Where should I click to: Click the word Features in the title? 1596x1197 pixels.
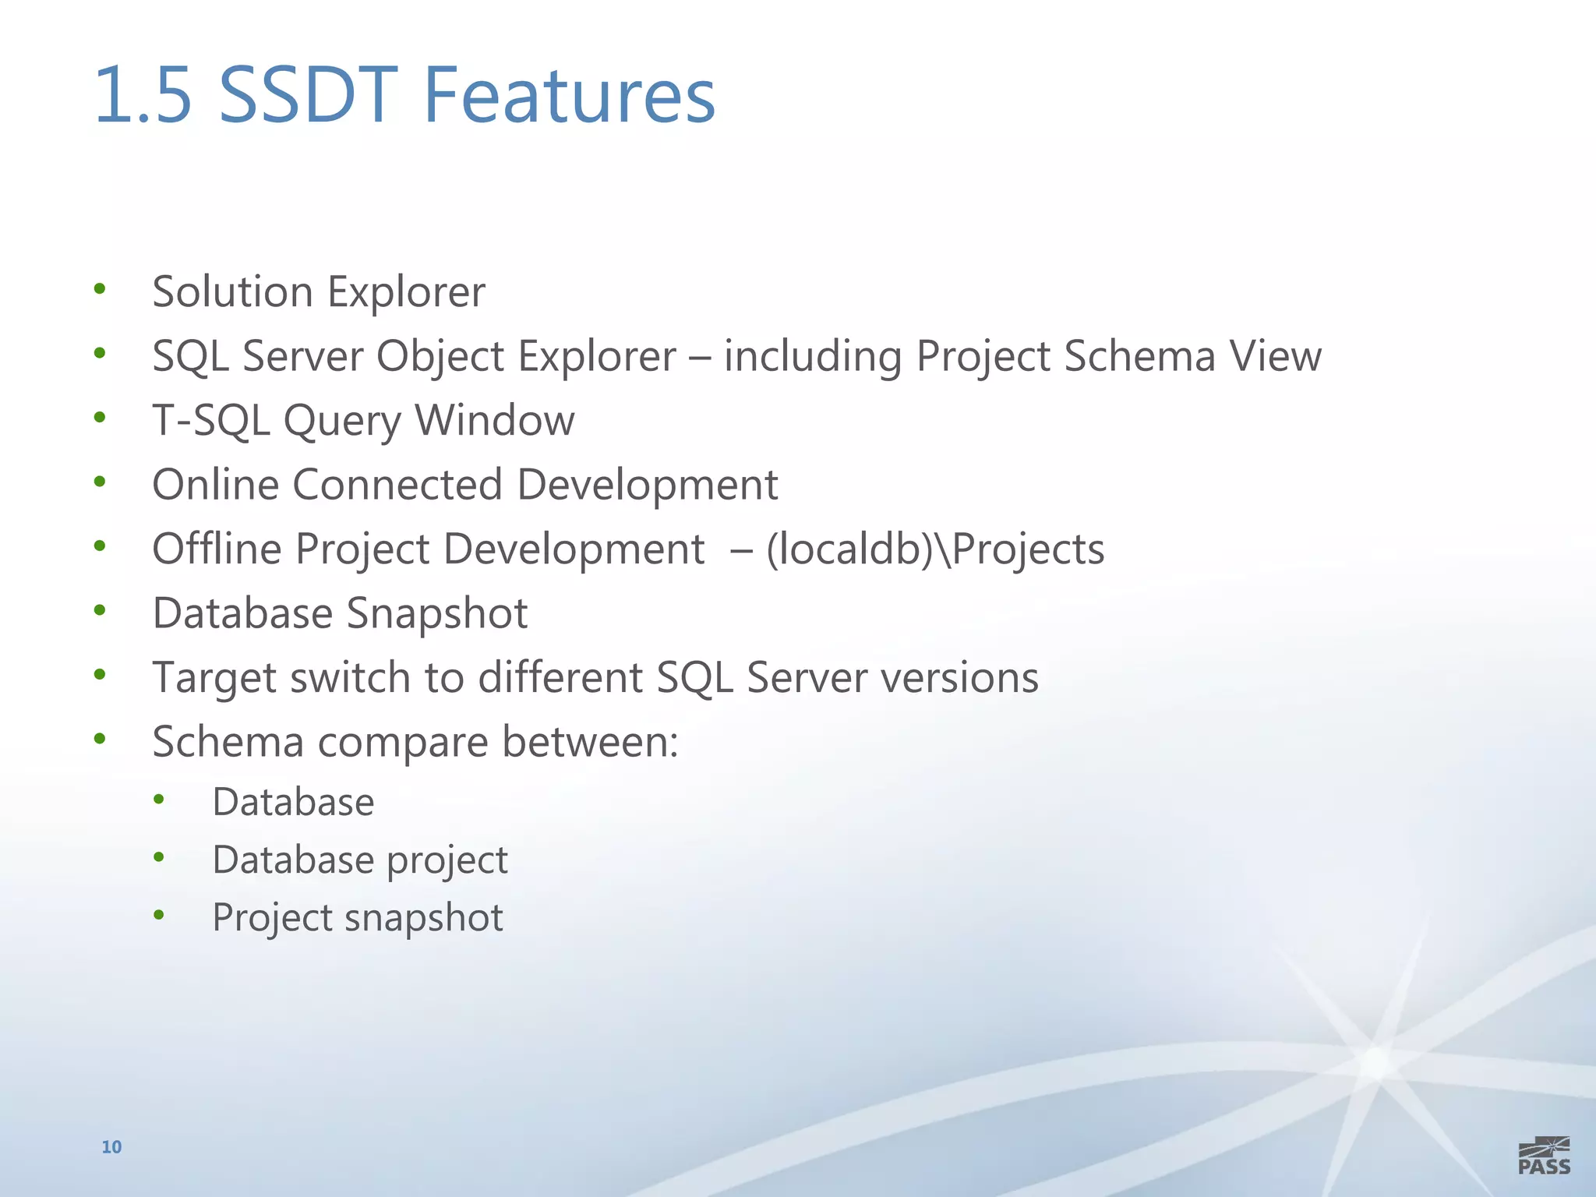[569, 95]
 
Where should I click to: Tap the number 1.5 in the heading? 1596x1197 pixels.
[143, 95]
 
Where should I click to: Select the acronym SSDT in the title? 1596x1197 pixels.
[309, 95]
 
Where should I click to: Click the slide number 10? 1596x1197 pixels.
[111, 1146]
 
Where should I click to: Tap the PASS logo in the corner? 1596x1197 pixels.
[1544, 1156]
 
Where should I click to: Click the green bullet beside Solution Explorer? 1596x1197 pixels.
[99, 290]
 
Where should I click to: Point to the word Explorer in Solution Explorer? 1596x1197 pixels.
[406, 292]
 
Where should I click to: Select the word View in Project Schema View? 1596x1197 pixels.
[1275, 356]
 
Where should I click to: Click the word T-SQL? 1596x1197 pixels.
[210, 421]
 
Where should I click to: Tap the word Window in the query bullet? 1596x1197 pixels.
[495, 421]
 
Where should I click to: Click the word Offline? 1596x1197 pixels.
[217, 549]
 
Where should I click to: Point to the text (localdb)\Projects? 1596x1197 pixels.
[935, 549]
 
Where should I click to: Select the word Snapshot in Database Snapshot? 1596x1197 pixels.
[437, 613]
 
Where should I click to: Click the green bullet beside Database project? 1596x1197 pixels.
[159, 858]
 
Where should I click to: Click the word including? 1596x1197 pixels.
[812, 357]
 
